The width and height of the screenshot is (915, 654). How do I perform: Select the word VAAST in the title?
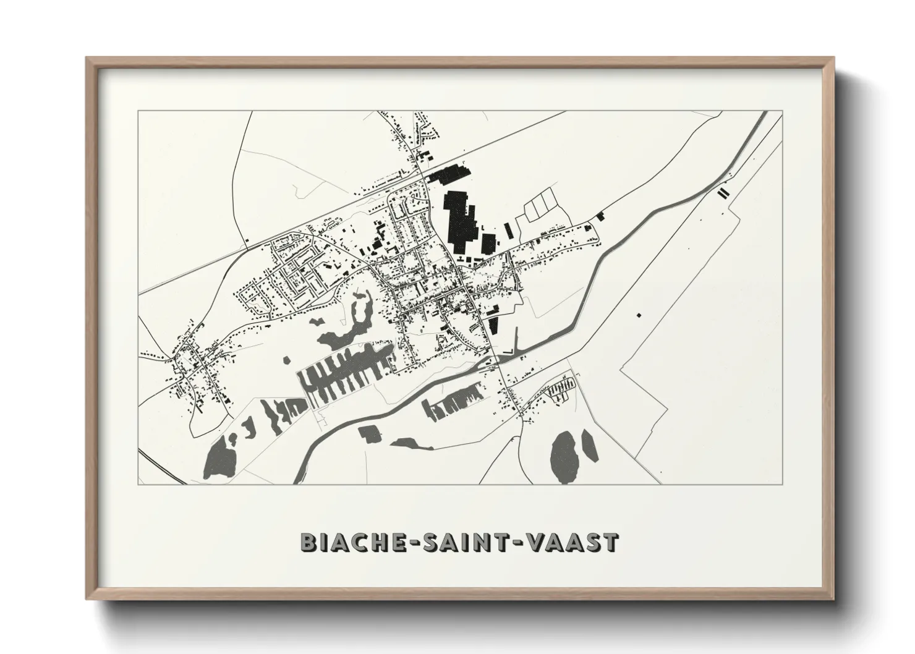573,542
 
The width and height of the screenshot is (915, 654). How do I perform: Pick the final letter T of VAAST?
610,542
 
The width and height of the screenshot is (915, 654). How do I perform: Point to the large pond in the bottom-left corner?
218,456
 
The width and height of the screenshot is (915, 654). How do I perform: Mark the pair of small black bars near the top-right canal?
722,192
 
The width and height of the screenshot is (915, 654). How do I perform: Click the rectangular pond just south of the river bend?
370,433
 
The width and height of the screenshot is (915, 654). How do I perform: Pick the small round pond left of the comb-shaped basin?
286,360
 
